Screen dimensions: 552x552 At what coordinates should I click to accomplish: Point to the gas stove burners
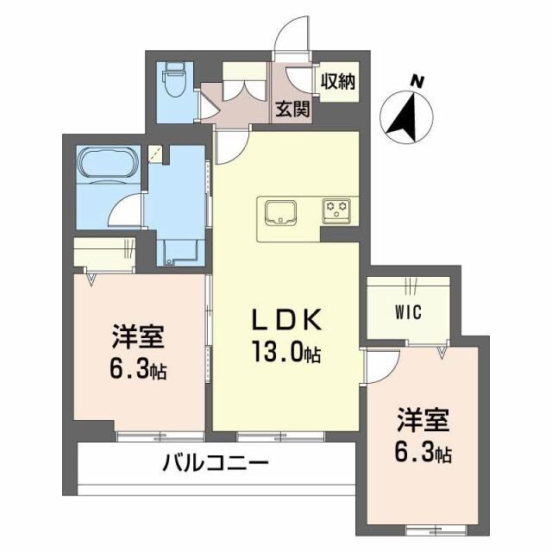click(x=336, y=210)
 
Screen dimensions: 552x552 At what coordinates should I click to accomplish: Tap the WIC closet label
click(x=408, y=312)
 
